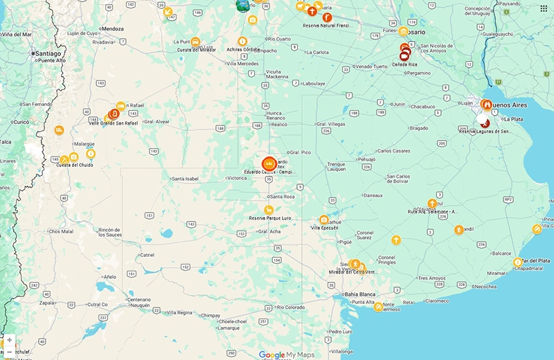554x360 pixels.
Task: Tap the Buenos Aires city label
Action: click(509, 105)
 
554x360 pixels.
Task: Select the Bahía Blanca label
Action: click(359, 294)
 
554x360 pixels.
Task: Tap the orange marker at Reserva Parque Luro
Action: click(268, 209)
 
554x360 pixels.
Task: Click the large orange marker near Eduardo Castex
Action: click(269, 164)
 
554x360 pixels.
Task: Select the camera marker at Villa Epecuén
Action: click(323, 219)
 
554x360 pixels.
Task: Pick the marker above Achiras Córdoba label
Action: click(242, 41)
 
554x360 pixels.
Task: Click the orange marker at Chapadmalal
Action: click(517, 262)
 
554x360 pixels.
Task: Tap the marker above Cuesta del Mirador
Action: click(196, 42)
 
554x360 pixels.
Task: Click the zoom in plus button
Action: click(9, 341)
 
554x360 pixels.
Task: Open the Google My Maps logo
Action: click(286, 354)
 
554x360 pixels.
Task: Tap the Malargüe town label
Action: click(84, 143)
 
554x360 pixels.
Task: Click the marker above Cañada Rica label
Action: click(404, 54)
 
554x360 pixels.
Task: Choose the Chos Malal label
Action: click(61, 231)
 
